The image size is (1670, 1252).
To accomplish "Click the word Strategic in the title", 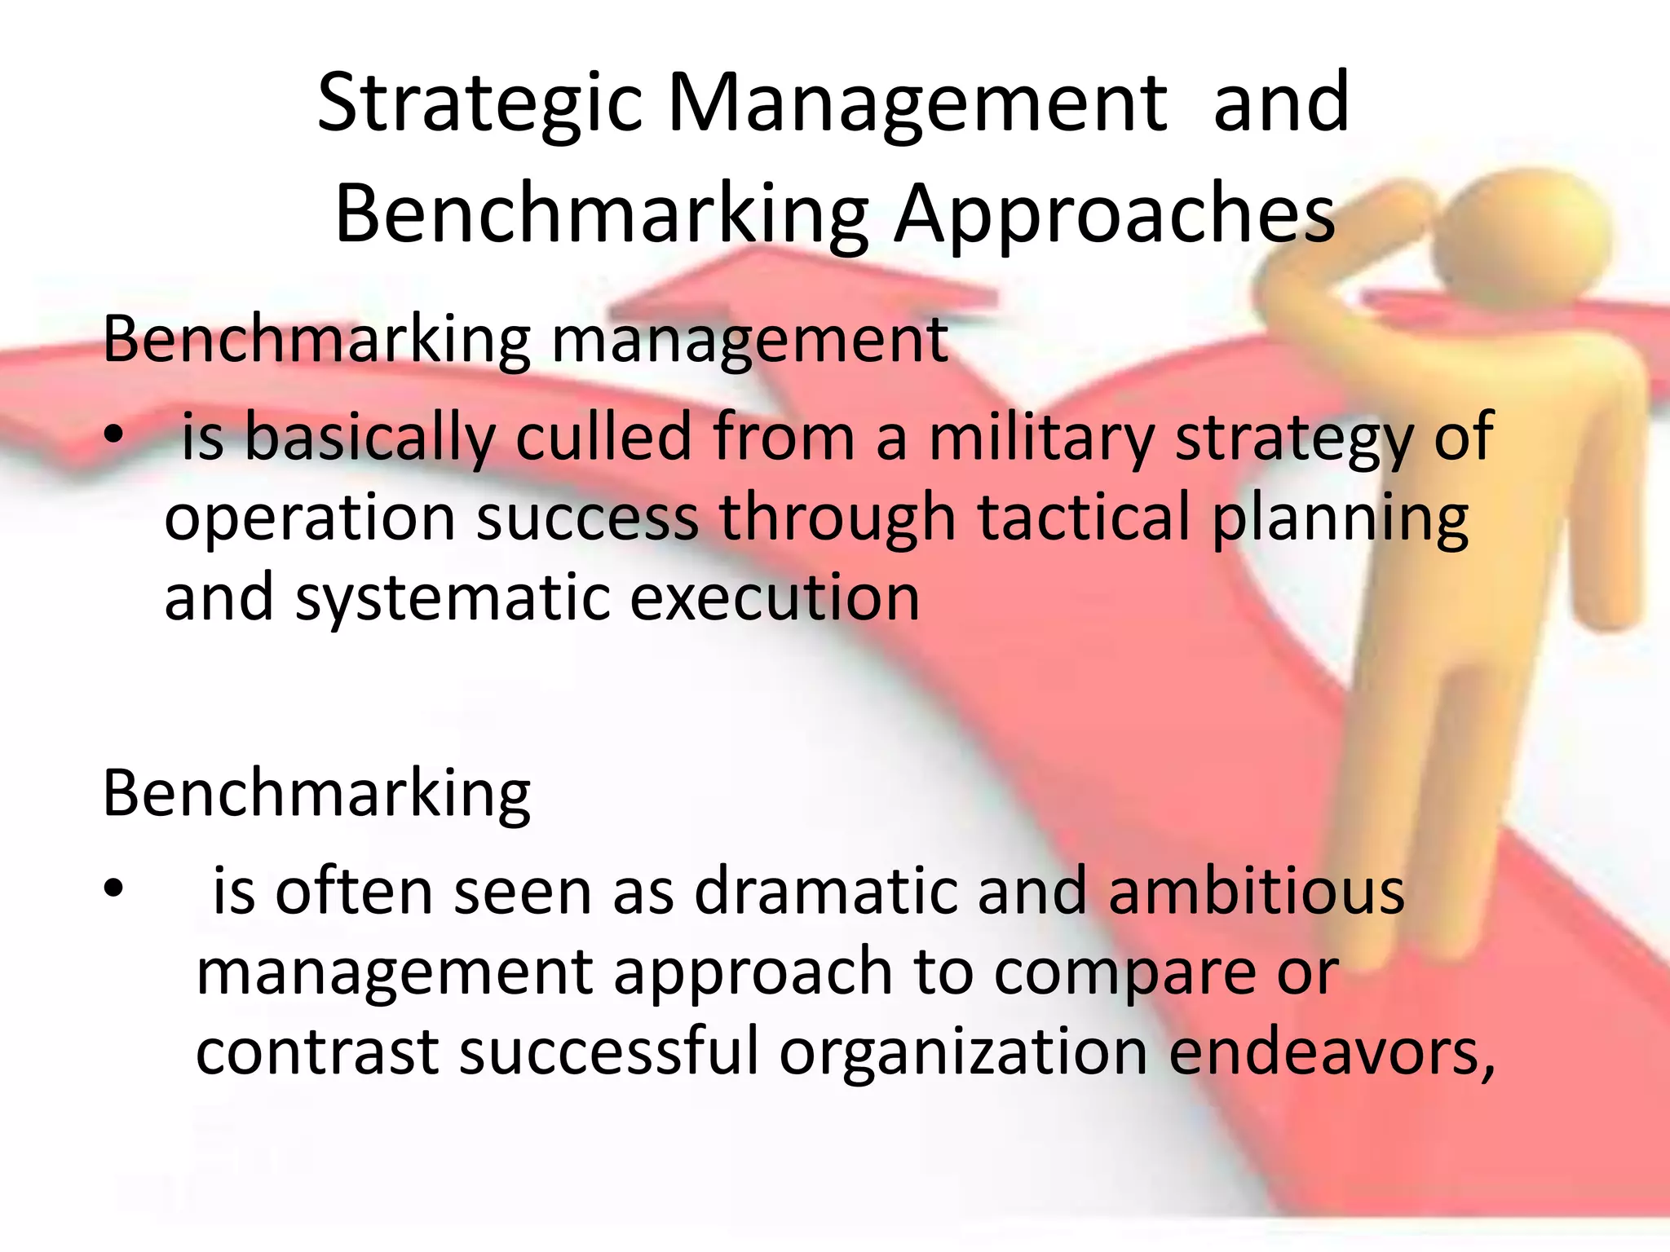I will click(479, 104).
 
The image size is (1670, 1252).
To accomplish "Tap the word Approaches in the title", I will click(1115, 214).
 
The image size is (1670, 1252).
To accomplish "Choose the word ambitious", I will click(1257, 891).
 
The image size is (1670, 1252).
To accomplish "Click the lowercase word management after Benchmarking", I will click(749, 340).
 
